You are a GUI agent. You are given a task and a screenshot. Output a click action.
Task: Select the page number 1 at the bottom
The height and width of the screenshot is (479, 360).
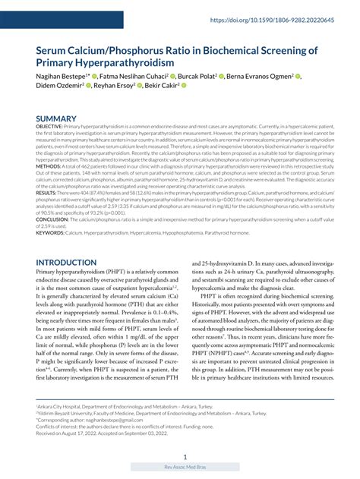point(185,457)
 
